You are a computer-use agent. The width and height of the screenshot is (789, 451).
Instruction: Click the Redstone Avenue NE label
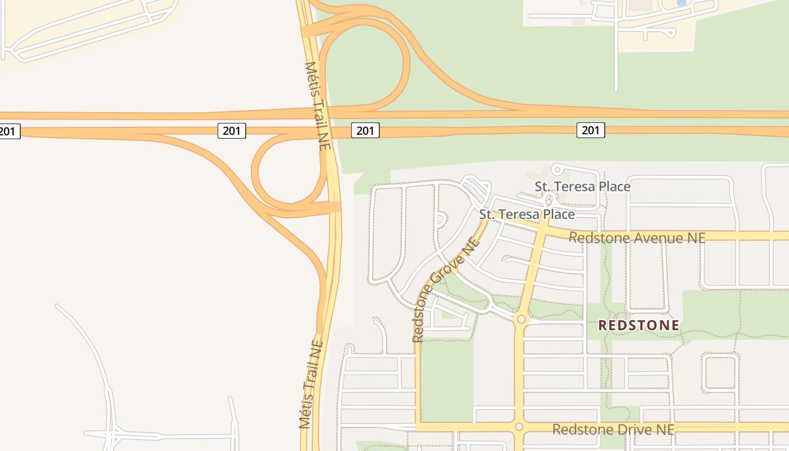pyautogui.click(x=637, y=238)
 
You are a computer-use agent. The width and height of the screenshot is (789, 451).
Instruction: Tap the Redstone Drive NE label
pyautogui.click(x=613, y=430)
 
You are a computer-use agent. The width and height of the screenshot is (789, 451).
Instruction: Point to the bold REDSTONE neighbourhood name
pyautogui.click(x=639, y=326)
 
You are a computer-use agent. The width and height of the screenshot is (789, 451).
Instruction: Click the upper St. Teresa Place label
pyautogui.click(x=582, y=186)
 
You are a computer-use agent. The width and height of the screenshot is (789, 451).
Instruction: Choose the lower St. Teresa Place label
pyautogui.click(x=527, y=214)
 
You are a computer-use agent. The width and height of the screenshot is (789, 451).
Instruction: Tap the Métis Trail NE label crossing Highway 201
pyautogui.click(x=317, y=105)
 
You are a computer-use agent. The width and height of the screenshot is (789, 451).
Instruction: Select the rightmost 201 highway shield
pyautogui.click(x=590, y=131)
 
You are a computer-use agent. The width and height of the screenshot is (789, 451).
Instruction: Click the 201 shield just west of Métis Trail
pyautogui.click(x=232, y=131)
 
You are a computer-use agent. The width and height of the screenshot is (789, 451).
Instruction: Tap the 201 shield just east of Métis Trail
pyautogui.click(x=365, y=131)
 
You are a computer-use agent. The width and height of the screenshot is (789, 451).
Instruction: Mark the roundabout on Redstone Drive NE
pyautogui.click(x=519, y=427)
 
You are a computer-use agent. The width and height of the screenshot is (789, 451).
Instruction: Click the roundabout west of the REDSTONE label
pyautogui.click(x=521, y=320)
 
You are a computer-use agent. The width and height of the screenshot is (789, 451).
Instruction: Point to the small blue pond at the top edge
pyautogui.click(x=682, y=3)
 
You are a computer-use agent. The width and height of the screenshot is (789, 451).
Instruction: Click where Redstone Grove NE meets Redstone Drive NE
pyautogui.click(x=418, y=427)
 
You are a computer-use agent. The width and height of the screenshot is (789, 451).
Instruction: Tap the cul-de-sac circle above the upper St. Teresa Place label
pyautogui.click(x=557, y=169)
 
